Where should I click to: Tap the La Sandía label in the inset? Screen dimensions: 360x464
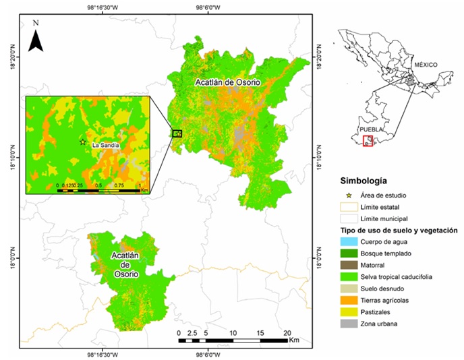(106, 145)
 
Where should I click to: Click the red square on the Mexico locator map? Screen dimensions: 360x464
(368, 142)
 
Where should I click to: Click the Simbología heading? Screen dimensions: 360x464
(364, 181)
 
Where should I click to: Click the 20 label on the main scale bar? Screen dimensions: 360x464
(287, 333)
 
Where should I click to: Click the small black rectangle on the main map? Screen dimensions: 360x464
(177, 133)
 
